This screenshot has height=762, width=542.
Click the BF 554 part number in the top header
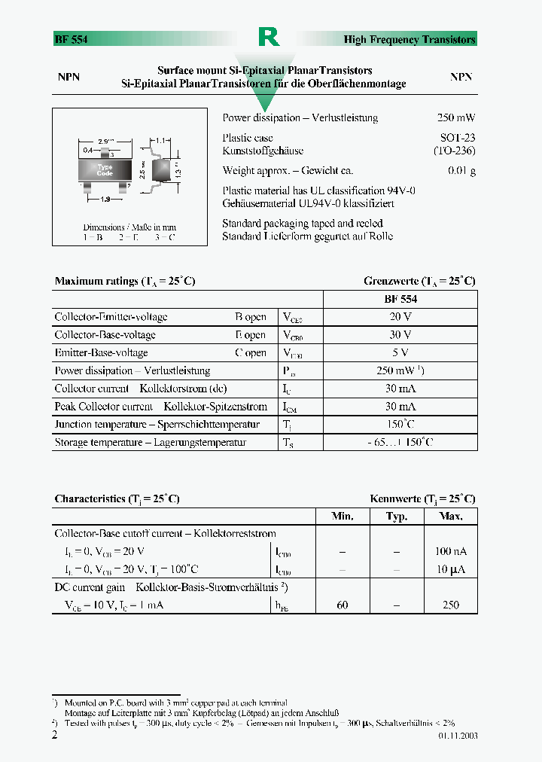pos(71,39)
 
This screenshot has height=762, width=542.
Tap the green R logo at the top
pos(269,36)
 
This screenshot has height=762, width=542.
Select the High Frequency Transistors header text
pos(410,39)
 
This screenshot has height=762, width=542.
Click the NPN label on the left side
pos(69,77)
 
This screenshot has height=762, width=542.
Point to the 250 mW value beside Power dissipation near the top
pos(456,118)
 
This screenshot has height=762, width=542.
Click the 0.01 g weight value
pos(461,171)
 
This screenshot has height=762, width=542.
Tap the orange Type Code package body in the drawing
pos(105,170)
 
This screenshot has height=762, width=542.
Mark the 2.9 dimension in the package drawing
pos(105,142)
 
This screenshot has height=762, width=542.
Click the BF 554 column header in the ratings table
pos(400,299)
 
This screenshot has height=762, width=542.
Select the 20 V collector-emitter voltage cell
pos(400,317)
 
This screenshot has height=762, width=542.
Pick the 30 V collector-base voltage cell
pos(400,335)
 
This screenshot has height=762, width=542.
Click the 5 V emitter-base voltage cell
pos(400,352)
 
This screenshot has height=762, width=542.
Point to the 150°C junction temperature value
pos(400,425)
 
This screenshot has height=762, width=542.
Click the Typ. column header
pos(397,517)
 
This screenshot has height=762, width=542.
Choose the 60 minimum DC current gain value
pos(343,605)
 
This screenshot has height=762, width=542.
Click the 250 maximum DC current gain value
pos(451,605)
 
